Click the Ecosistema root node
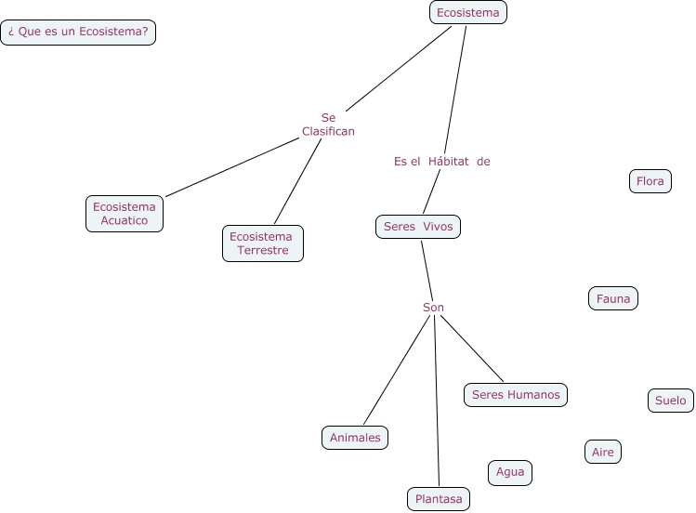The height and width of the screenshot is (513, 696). pyautogui.click(x=468, y=12)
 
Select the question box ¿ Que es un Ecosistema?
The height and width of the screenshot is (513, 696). pyautogui.click(x=78, y=33)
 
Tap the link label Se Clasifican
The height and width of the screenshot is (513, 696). pyautogui.click(x=328, y=125)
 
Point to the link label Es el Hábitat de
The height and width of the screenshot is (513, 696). pyautogui.click(x=441, y=162)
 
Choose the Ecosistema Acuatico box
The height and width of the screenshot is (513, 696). pyautogui.click(x=125, y=214)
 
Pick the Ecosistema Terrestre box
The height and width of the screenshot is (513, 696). pyautogui.click(x=263, y=243)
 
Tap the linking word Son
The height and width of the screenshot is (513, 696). pyautogui.click(x=433, y=308)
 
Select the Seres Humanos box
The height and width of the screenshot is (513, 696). pyautogui.click(x=516, y=395)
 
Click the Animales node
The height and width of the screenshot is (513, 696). pyautogui.click(x=355, y=438)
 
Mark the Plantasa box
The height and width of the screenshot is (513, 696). pyautogui.click(x=439, y=499)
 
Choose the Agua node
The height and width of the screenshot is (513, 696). pyautogui.click(x=510, y=472)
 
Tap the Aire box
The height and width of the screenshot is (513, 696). pyautogui.click(x=603, y=453)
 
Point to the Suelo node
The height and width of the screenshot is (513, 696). pyautogui.click(x=670, y=401)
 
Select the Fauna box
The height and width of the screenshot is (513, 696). pyautogui.click(x=613, y=298)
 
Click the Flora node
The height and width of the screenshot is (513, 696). pyautogui.click(x=650, y=181)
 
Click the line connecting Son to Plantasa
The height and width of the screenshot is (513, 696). pyautogui.click(x=437, y=400)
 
